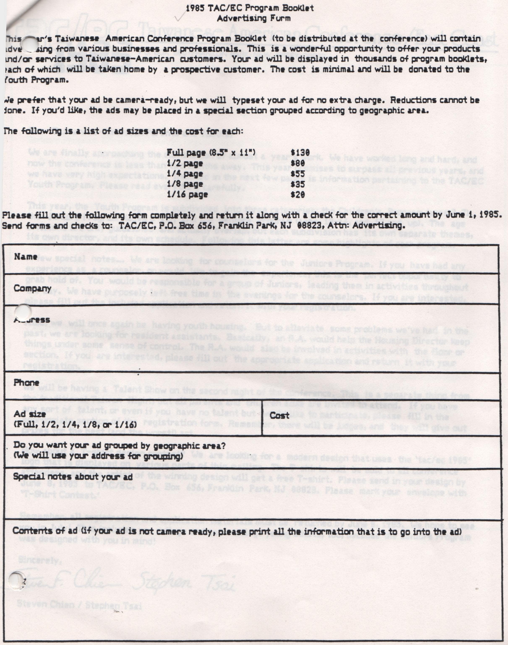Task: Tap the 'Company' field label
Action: click(33, 288)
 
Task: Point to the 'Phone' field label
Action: click(26, 382)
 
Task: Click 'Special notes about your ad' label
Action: click(73, 477)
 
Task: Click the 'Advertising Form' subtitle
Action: click(253, 19)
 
